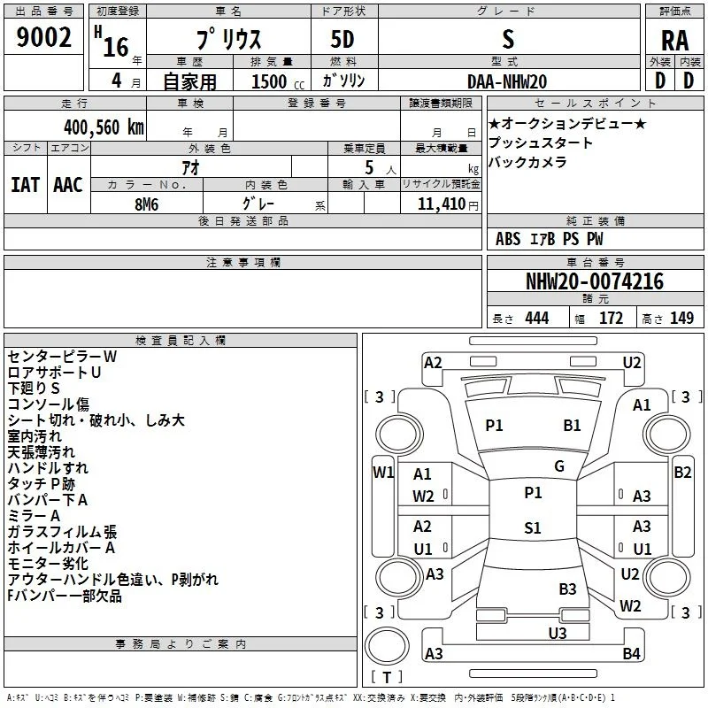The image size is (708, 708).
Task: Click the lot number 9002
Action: tap(43, 37)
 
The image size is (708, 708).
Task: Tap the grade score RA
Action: tap(674, 41)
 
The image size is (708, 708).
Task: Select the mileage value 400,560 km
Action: tap(104, 127)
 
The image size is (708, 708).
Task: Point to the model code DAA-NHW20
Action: tap(507, 81)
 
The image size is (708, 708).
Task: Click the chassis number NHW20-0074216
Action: tap(595, 281)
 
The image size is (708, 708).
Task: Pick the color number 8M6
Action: tap(146, 204)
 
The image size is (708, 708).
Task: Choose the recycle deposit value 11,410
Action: tap(441, 204)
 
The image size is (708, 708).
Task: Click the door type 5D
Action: tap(342, 40)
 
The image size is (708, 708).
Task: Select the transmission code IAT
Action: tap(25, 185)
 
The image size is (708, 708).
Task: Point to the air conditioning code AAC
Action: tap(68, 185)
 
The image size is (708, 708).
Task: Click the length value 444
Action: tap(536, 319)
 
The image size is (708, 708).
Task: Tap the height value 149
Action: tap(681, 319)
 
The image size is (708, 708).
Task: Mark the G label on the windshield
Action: tap(559, 466)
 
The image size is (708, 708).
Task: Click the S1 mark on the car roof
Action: tap(533, 527)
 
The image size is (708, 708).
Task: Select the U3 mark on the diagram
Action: tap(558, 634)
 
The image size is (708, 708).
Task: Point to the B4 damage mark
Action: tap(631, 653)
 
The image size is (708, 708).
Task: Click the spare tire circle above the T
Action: tap(387, 646)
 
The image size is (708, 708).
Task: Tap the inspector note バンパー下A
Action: tap(48, 500)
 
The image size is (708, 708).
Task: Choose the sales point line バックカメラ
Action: tap(527, 162)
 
